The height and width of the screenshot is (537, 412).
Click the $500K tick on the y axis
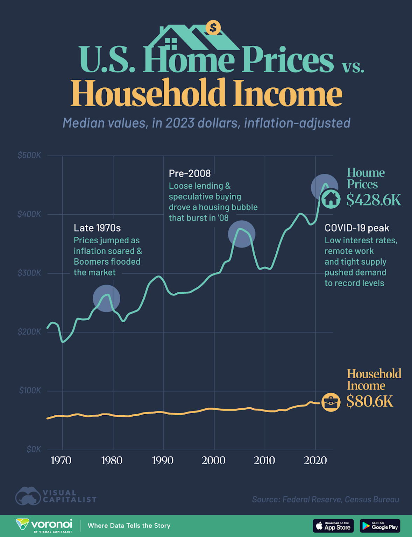point(29,156)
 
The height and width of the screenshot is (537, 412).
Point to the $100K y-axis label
point(30,391)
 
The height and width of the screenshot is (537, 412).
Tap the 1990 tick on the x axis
point(163,460)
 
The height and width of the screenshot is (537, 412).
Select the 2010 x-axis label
point(264,460)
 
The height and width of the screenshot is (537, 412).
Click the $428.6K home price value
point(374,200)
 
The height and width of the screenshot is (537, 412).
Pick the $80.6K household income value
point(370,401)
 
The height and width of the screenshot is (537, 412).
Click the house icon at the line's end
point(331,199)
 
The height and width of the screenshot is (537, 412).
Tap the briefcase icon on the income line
point(331,402)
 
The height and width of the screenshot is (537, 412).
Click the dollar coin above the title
point(213,27)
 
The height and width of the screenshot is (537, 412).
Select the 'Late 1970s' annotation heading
point(97,228)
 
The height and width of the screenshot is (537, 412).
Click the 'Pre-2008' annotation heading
point(190,174)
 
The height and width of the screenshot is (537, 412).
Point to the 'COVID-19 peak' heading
point(357,228)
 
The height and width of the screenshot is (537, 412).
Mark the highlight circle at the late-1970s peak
point(106,299)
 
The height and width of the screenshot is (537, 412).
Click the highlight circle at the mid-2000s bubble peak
point(241,234)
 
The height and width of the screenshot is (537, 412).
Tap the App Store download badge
point(333,526)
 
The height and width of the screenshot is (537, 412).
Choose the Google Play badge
point(380,526)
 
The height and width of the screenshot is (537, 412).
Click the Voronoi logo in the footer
point(44,525)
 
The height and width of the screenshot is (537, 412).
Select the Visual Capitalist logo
point(56,496)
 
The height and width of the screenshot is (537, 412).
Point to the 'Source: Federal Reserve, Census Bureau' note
point(325,500)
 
